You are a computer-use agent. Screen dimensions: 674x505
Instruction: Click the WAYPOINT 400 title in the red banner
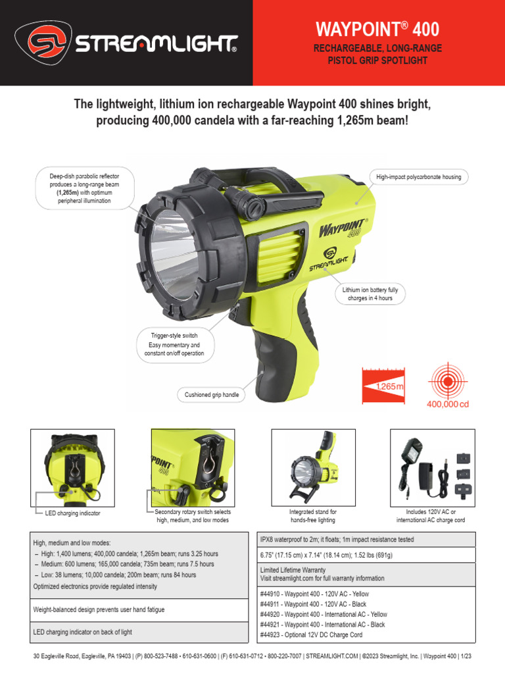[x=377, y=30]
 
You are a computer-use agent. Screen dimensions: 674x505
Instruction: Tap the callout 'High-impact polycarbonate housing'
[x=418, y=177]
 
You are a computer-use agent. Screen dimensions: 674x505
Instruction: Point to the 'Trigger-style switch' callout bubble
[x=174, y=344]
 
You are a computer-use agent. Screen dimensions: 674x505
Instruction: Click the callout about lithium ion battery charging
[x=370, y=294]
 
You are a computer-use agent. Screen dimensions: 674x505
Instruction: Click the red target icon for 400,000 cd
[x=450, y=382]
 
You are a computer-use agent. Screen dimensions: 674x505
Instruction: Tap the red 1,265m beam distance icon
[x=383, y=386]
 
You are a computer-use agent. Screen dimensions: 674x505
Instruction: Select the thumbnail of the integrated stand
[x=313, y=467]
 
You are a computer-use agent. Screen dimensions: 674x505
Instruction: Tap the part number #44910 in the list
[x=271, y=594]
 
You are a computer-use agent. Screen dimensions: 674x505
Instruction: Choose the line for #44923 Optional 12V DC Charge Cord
[x=311, y=635]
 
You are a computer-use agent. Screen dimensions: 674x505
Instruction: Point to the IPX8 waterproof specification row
[x=337, y=540]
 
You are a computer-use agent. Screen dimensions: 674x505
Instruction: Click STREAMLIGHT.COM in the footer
[x=332, y=656]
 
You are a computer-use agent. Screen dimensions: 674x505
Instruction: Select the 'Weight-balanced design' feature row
[x=99, y=610]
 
